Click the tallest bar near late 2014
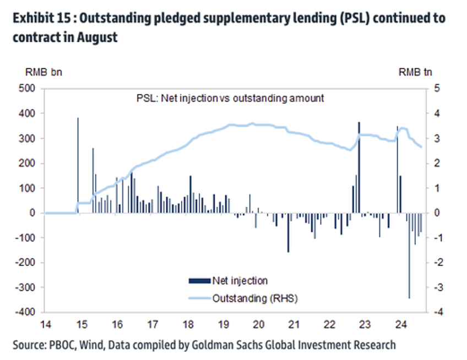(x=78, y=165)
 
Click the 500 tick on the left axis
(x=28, y=88)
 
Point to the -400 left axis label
(x=26, y=312)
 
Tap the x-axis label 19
(x=224, y=324)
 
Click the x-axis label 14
(x=46, y=324)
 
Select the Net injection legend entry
(x=240, y=281)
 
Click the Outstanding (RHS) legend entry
(x=254, y=298)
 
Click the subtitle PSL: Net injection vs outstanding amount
(x=230, y=99)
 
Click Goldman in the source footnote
(x=214, y=345)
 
